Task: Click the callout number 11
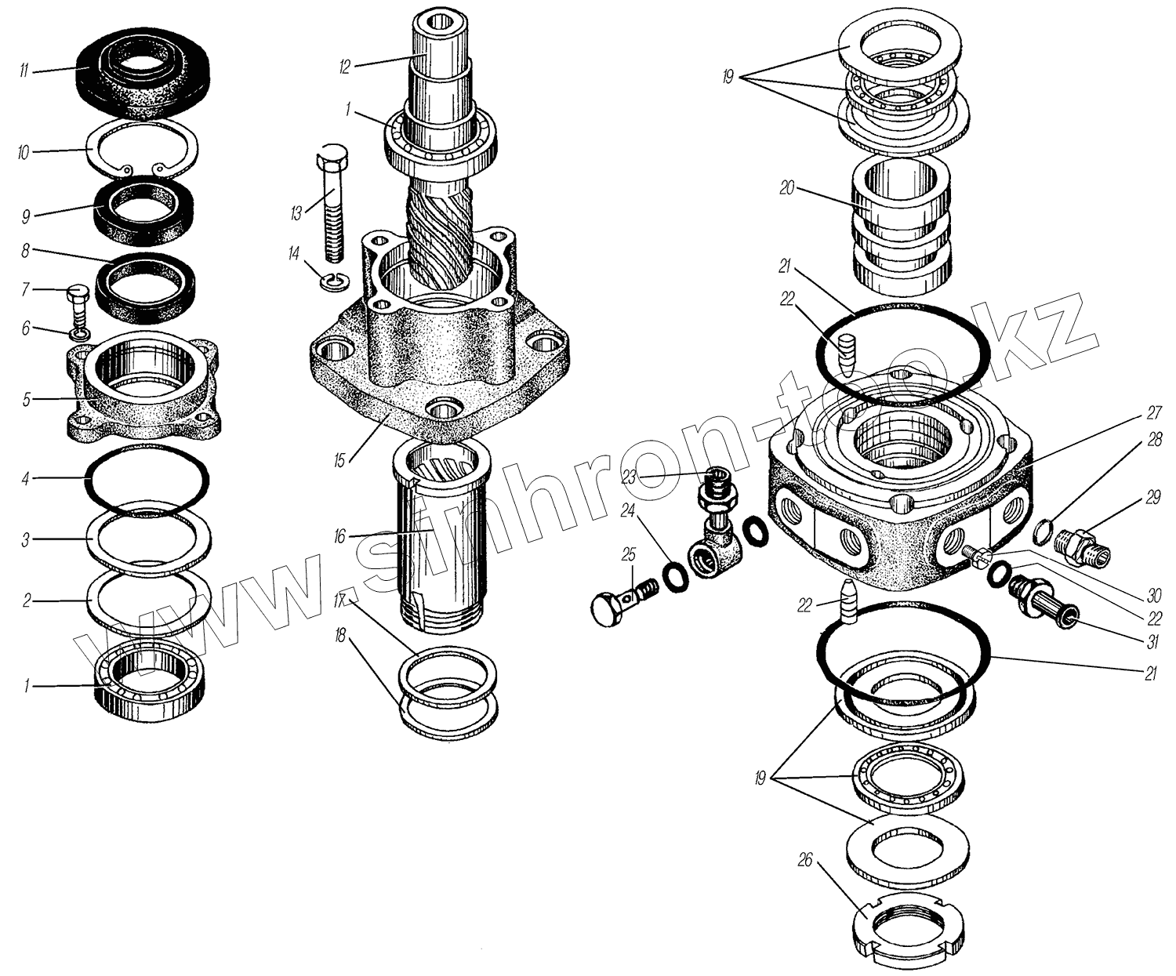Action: coord(24,71)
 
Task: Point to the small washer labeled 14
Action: coord(333,281)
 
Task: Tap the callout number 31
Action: coord(1152,642)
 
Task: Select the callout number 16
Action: coord(339,537)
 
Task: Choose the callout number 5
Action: coord(27,401)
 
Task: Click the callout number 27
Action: coord(1153,412)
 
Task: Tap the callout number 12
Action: coord(344,67)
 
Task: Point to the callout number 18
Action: coord(339,636)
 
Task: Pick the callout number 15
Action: coord(339,460)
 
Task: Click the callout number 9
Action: coord(26,214)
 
